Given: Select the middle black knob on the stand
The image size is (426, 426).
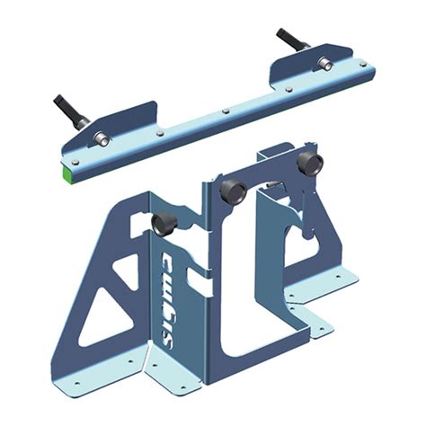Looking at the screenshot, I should point(232,191).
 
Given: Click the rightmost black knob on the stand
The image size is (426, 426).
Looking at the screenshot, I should point(309,164).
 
